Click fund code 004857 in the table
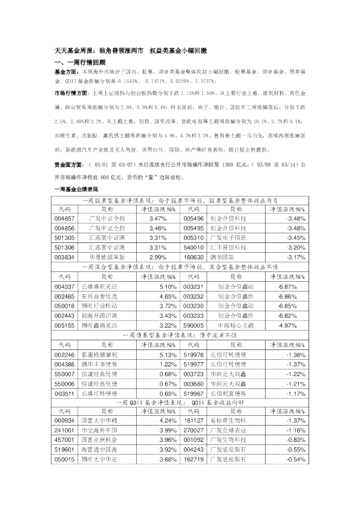point(64,218)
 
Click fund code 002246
point(64,353)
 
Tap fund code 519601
point(64,450)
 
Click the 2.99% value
point(157,256)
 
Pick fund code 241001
point(64,430)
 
